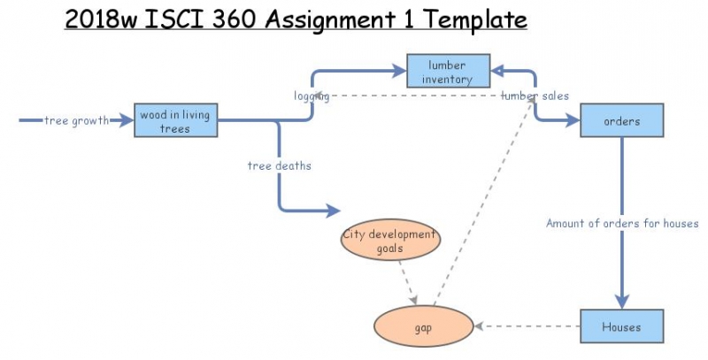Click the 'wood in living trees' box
pos(175,120)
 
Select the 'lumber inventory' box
pos(447,72)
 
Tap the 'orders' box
pos(621,120)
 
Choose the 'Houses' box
pos(621,326)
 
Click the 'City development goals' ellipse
pos(389,241)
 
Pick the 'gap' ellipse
pos(423,326)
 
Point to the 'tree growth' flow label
pos(77,120)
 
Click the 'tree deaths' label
pos(279,165)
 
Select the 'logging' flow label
pos(312,96)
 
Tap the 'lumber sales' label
pos(535,96)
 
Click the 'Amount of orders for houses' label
pos(622,224)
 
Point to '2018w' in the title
pos(99,18)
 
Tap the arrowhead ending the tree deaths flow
pos(334,211)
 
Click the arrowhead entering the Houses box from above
pos(621,302)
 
